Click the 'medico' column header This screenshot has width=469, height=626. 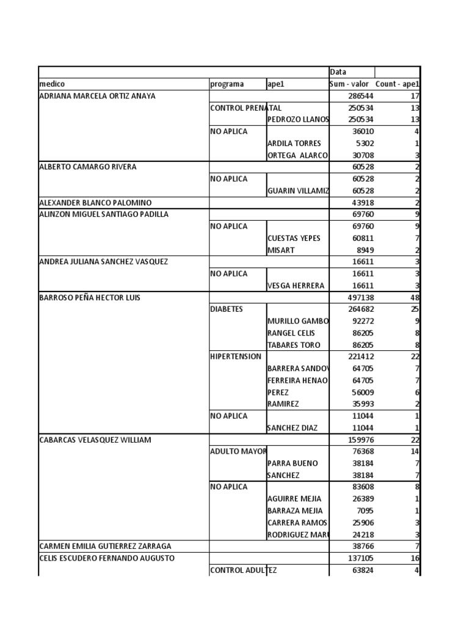pyautogui.click(x=53, y=84)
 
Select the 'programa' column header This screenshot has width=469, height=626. pyautogui.click(x=227, y=84)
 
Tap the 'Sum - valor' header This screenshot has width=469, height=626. pyautogui.click(x=350, y=84)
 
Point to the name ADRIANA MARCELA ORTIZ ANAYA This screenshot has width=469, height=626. pyautogui.click(x=98, y=96)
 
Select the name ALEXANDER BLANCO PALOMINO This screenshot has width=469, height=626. pyautogui.click(x=95, y=202)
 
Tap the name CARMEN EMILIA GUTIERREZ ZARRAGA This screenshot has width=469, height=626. pyautogui.click(x=105, y=546)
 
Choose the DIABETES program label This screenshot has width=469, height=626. pyautogui.click(x=227, y=309)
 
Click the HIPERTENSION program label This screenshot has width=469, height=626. pyautogui.click(x=236, y=356)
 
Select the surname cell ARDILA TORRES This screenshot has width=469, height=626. pyautogui.click(x=294, y=144)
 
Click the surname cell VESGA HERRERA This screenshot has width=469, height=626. pyautogui.click(x=296, y=285)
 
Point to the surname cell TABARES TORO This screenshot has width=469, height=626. pyautogui.click(x=294, y=345)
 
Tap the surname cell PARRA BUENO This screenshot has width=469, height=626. pyautogui.click(x=291, y=463)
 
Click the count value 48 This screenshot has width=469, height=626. pyautogui.click(x=413, y=297)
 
